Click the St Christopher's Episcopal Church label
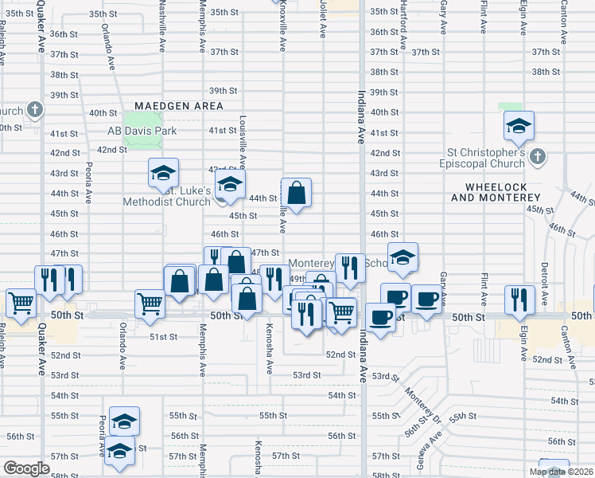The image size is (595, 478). [483, 158]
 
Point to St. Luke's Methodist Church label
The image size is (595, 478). [166, 197]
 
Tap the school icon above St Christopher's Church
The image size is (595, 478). [519, 126]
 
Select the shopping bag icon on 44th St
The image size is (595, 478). [296, 192]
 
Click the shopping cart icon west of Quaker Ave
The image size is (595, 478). [21, 302]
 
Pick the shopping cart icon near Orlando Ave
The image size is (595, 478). [150, 303]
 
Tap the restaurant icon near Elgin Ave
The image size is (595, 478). [519, 299]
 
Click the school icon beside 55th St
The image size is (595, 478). [124, 421]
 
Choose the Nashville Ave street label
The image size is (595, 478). [161, 25]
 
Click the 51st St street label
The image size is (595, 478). [164, 337]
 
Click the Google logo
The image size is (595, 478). [26, 468]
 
